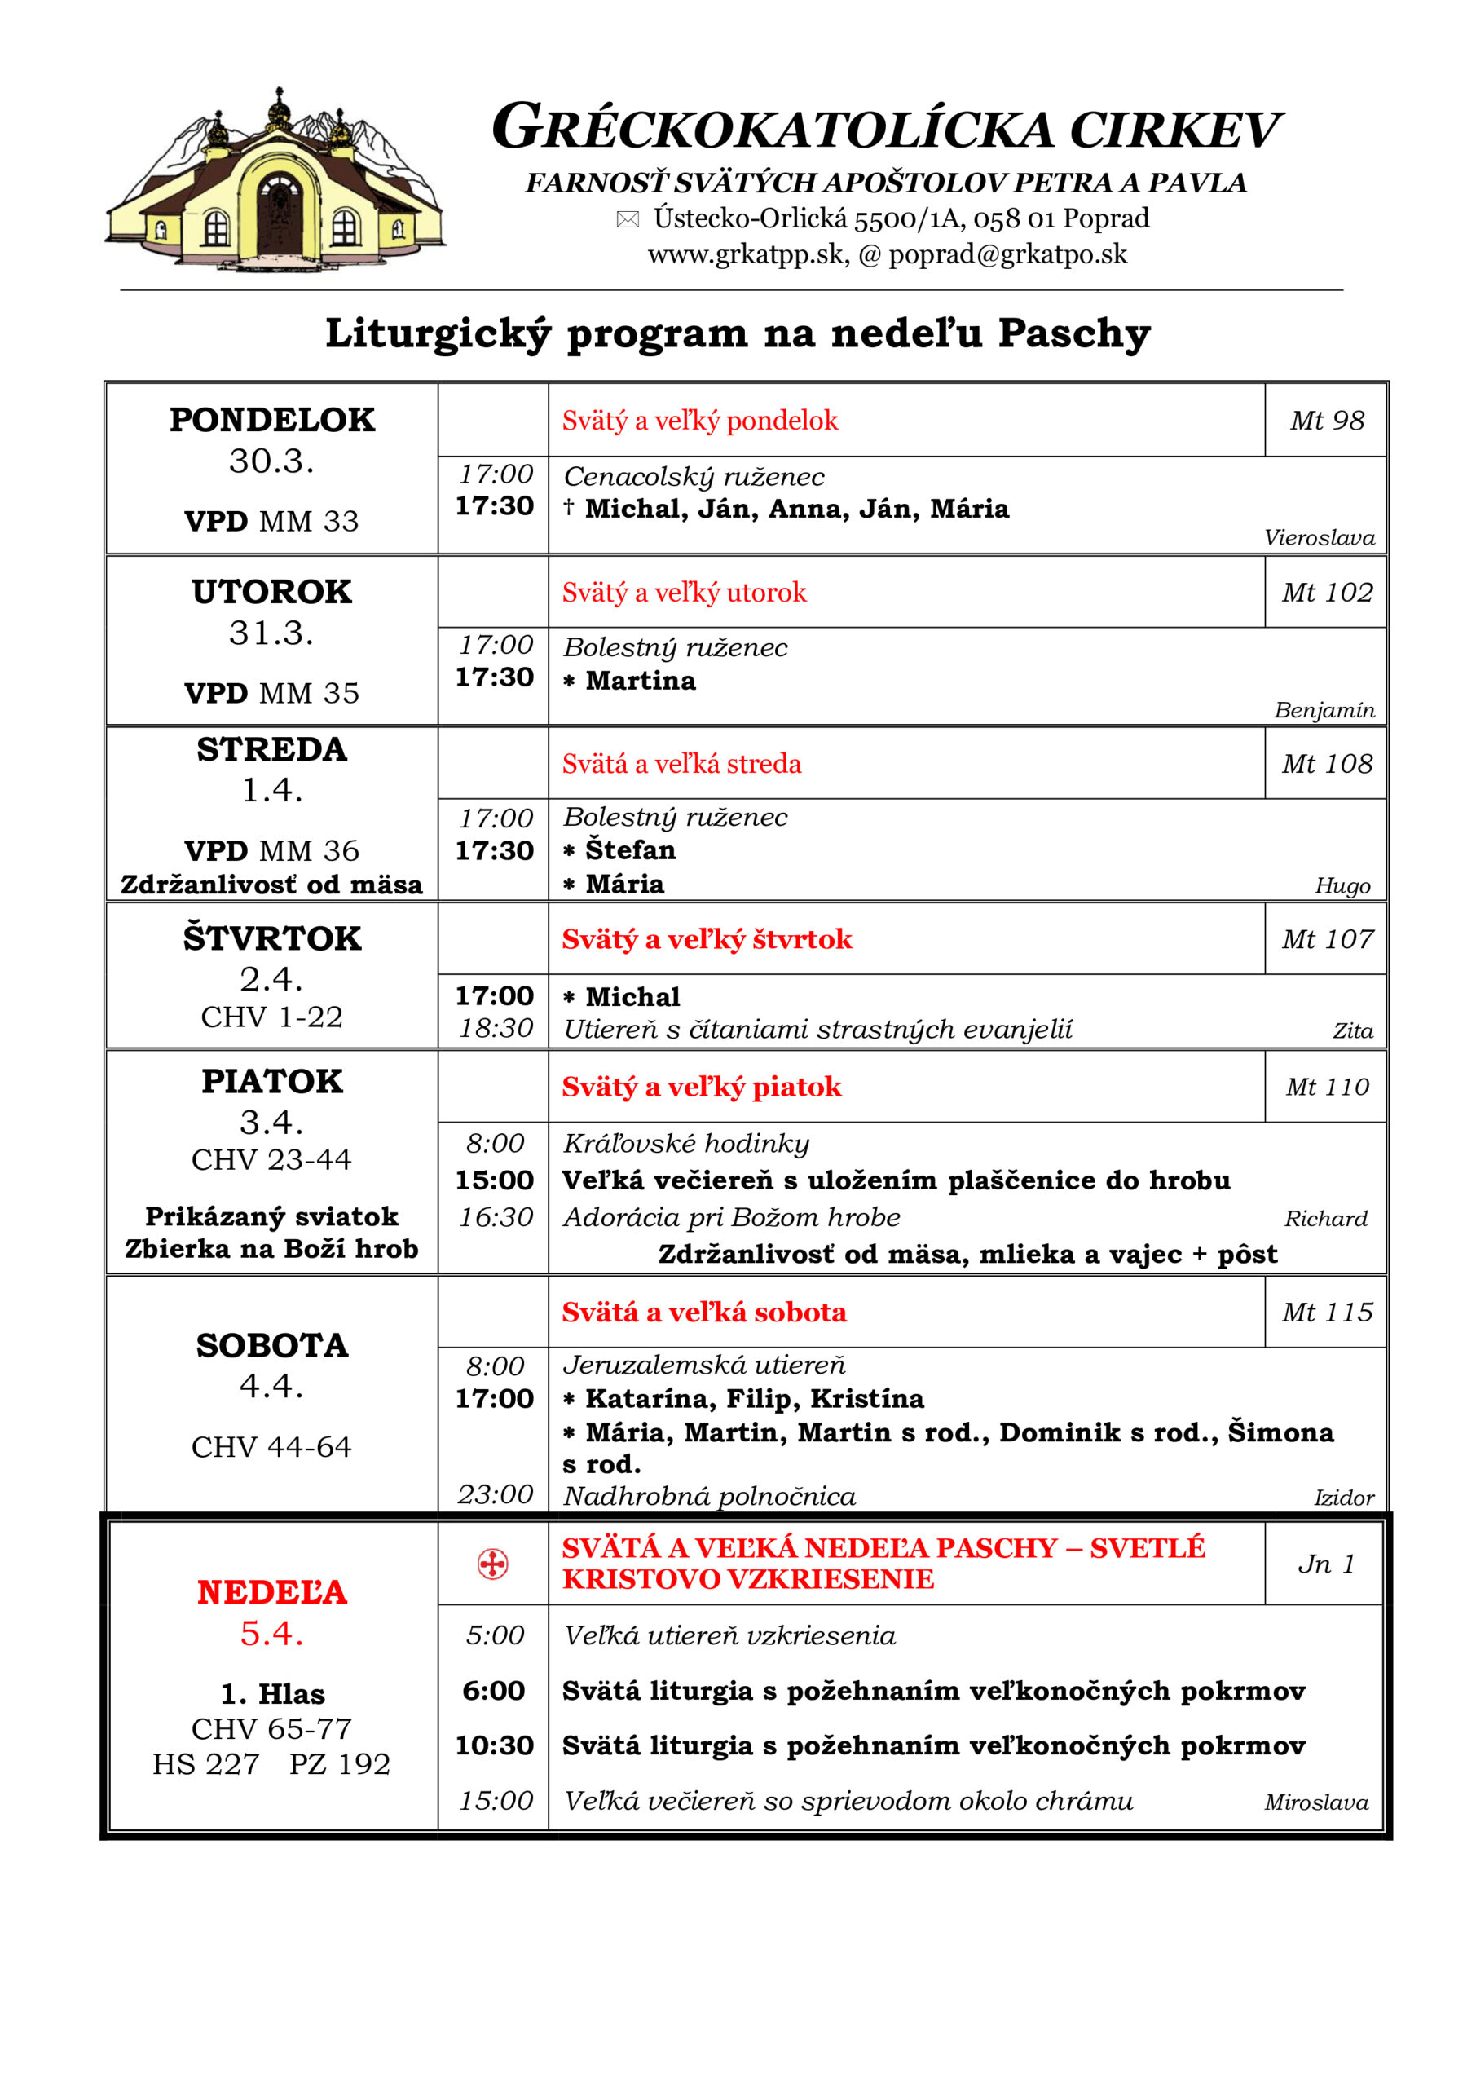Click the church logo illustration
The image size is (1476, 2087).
click(275, 182)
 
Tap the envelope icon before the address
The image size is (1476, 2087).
click(627, 219)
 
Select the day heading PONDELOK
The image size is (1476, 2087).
click(271, 420)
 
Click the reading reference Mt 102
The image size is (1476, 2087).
click(1326, 593)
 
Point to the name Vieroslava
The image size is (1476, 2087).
click(1319, 538)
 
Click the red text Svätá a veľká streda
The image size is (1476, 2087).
click(681, 764)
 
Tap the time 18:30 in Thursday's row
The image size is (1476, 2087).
click(496, 1028)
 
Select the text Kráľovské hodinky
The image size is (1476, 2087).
click(686, 1144)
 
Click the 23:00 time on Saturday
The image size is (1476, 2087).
click(496, 1494)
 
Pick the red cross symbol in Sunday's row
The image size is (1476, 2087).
click(492, 1564)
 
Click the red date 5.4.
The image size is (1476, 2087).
click(271, 1634)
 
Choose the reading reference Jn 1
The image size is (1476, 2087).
click(1326, 1564)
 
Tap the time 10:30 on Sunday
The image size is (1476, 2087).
click(495, 1745)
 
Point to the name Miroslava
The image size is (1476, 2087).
click(1315, 1802)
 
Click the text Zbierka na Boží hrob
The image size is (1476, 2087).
click(271, 1249)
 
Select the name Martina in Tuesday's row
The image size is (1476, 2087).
click(640, 681)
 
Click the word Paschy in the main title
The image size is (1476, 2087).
click(1074, 333)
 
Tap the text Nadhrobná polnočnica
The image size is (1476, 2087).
click(709, 1496)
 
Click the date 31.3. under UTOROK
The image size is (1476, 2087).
click(271, 633)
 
